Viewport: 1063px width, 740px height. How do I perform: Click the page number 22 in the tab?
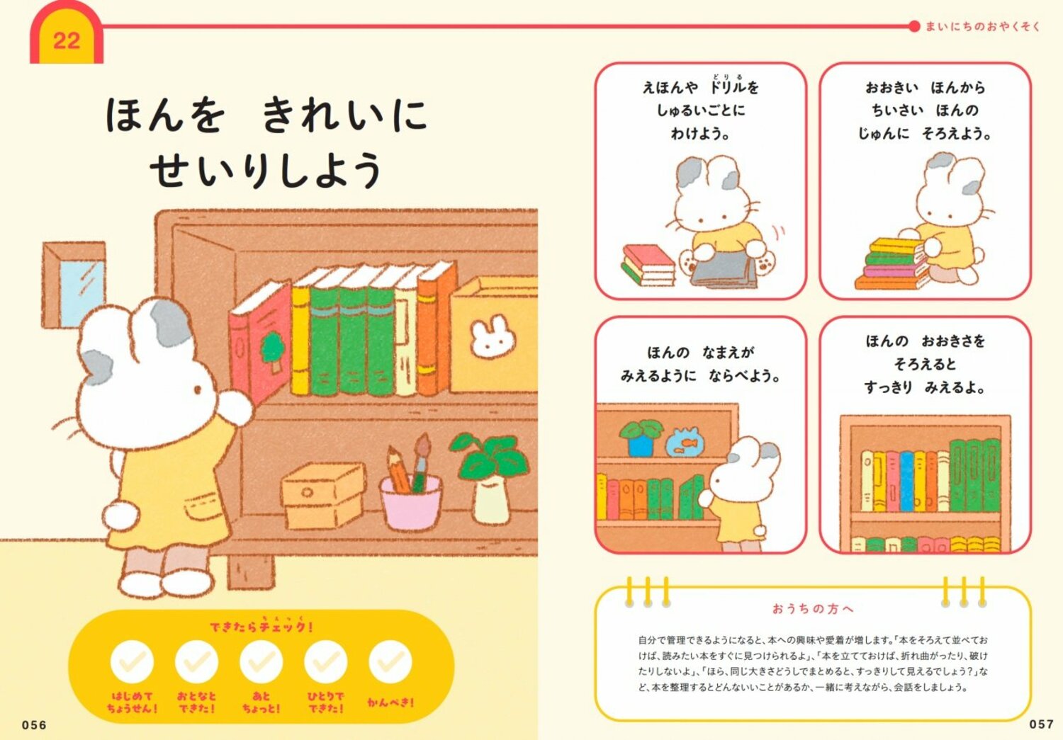click(x=66, y=40)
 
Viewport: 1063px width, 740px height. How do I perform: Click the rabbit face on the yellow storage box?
click(x=493, y=338)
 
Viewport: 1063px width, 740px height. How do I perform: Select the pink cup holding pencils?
click(x=411, y=501)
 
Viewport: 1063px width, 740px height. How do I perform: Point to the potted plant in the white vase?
click(x=490, y=478)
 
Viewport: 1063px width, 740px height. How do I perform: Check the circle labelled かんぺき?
click(x=390, y=662)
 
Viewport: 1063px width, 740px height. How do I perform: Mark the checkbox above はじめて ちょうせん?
click(x=132, y=662)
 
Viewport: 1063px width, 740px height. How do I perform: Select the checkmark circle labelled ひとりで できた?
click(x=325, y=662)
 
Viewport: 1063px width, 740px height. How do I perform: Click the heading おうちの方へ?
click(x=813, y=608)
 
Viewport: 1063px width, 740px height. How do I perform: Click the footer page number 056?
click(x=34, y=724)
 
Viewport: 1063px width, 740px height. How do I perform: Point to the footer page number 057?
click(x=1041, y=724)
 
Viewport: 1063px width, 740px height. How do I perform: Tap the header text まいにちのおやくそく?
click(x=982, y=27)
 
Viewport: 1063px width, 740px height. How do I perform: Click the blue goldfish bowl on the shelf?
click(x=685, y=443)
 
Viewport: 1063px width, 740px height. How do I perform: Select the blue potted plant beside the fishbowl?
click(x=640, y=438)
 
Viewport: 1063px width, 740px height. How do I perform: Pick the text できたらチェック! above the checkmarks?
click(x=261, y=627)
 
